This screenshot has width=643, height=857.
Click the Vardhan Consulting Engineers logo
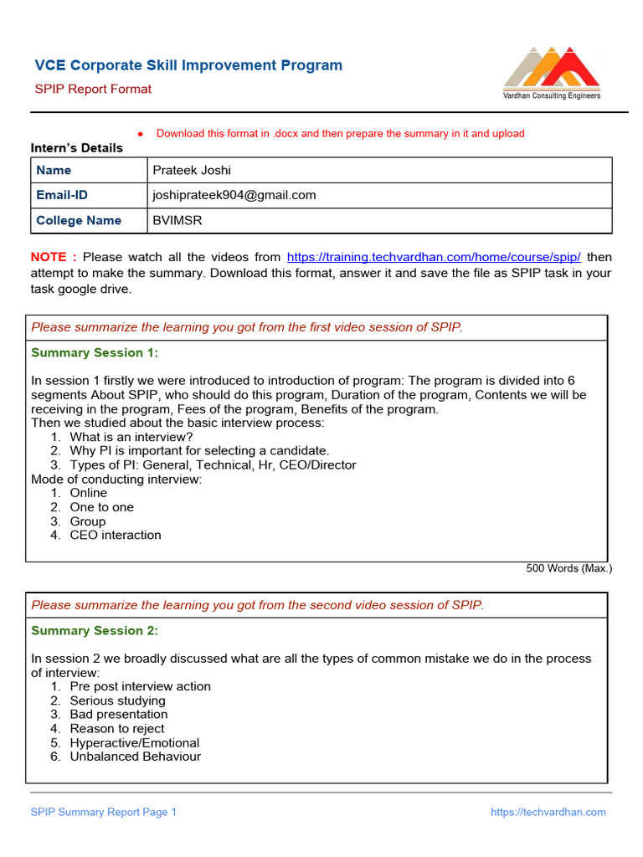(x=551, y=73)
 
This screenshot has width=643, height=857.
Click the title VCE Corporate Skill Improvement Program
(x=188, y=65)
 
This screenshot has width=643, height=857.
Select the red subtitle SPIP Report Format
(x=93, y=89)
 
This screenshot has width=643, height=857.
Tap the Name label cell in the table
(x=54, y=170)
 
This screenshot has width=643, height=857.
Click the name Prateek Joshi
(x=192, y=170)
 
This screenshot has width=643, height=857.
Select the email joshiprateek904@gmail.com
(x=234, y=195)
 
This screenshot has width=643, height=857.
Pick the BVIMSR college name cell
(x=177, y=220)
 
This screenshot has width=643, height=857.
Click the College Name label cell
(x=79, y=220)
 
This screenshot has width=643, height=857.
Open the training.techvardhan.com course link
(x=434, y=257)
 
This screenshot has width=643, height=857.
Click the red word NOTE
(x=54, y=257)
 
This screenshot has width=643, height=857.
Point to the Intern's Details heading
(x=77, y=148)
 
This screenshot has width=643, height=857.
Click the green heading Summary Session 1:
(x=95, y=353)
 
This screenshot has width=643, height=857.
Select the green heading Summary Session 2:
(x=95, y=631)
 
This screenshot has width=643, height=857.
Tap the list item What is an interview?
(x=131, y=437)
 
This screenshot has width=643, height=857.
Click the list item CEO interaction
(x=116, y=535)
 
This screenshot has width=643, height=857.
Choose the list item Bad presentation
(x=119, y=715)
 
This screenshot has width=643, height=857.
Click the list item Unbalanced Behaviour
(x=136, y=757)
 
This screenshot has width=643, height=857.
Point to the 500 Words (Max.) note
(x=568, y=568)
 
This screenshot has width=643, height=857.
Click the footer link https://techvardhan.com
(x=548, y=812)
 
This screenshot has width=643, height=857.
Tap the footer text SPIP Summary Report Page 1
(x=104, y=812)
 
